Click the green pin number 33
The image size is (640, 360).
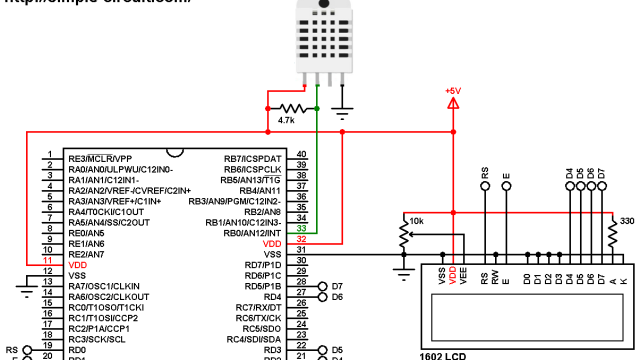pyautogui.click(x=301, y=230)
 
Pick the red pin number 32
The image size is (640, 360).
pyautogui.click(x=301, y=242)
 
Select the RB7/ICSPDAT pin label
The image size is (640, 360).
pyautogui.click(x=253, y=158)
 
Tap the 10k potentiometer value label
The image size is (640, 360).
pyautogui.click(x=417, y=221)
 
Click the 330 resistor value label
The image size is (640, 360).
pyautogui.click(x=627, y=221)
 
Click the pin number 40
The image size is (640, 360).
pyautogui.click(x=301, y=157)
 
